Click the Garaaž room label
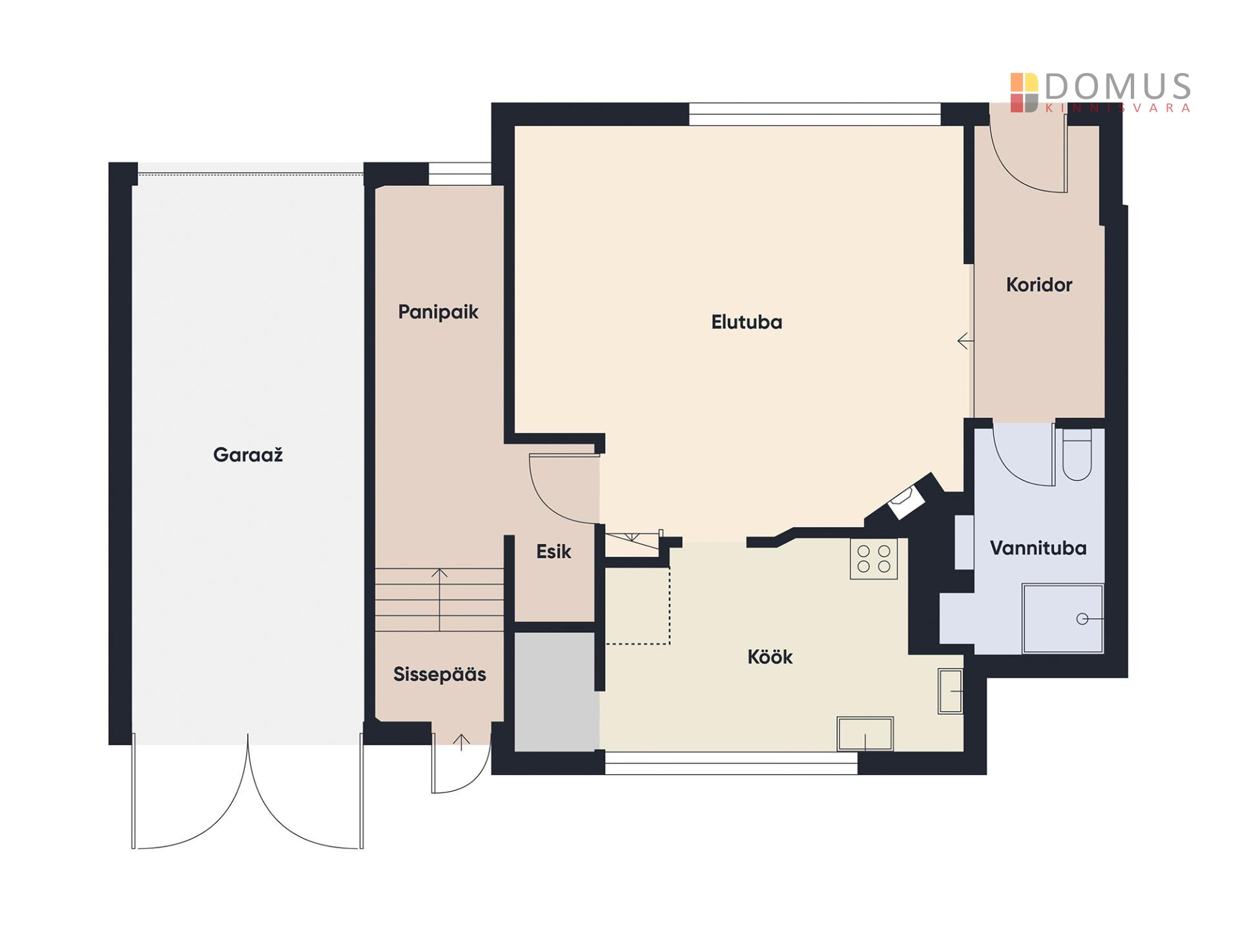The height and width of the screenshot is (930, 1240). (248, 455)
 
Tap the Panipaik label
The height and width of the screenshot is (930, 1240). (438, 312)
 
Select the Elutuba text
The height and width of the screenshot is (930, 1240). (747, 322)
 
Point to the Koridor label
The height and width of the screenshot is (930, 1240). (1038, 284)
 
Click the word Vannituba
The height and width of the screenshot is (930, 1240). (1038, 548)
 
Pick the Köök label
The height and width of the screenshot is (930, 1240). (770, 657)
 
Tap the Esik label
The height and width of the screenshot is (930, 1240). (553, 552)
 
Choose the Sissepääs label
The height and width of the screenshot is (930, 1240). (439, 674)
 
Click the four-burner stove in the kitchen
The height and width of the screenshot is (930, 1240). (873, 559)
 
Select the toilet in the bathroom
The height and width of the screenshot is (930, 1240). (1077, 455)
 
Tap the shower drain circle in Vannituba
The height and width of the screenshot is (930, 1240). (1082, 619)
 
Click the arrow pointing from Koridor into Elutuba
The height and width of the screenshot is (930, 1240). (966, 340)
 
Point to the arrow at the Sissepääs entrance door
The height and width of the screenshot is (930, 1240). (461, 742)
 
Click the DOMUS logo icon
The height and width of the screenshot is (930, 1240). (1024, 93)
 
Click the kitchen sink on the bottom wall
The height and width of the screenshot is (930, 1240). (865, 734)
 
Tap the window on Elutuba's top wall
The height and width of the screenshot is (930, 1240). (814, 114)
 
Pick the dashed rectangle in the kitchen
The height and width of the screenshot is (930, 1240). (637, 605)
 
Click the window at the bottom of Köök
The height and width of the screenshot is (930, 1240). (731, 763)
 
